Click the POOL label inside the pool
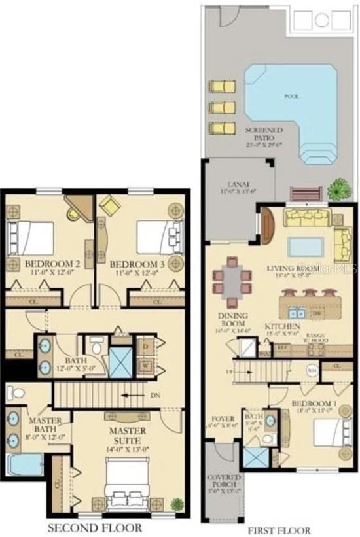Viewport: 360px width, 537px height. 291,97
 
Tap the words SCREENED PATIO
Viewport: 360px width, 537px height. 264,134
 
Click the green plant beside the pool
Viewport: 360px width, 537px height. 338,190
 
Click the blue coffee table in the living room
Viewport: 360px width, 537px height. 306,247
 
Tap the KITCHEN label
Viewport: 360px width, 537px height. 283,326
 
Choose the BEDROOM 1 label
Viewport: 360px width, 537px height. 313,405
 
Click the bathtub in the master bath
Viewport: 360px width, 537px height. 24,464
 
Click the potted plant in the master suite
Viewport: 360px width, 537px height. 176,504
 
